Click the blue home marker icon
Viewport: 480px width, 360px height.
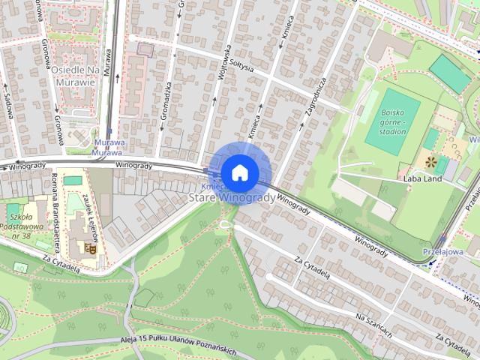pyautogui.click(x=240, y=172)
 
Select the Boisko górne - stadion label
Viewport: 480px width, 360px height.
pyautogui.click(x=393, y=121)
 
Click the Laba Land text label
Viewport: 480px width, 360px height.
pyautogui.click(x=421, y=179)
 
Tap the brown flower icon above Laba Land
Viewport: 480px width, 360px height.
pyautogui.click(x=430, y=161)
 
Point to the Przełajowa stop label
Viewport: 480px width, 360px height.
pyautogui.click(x=442, y=253)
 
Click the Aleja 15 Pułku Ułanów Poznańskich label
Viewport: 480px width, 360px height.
pyautogui.click(x=178, y=345)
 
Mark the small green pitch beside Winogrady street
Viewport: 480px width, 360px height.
pyautogui.click(x=73, y=181)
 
